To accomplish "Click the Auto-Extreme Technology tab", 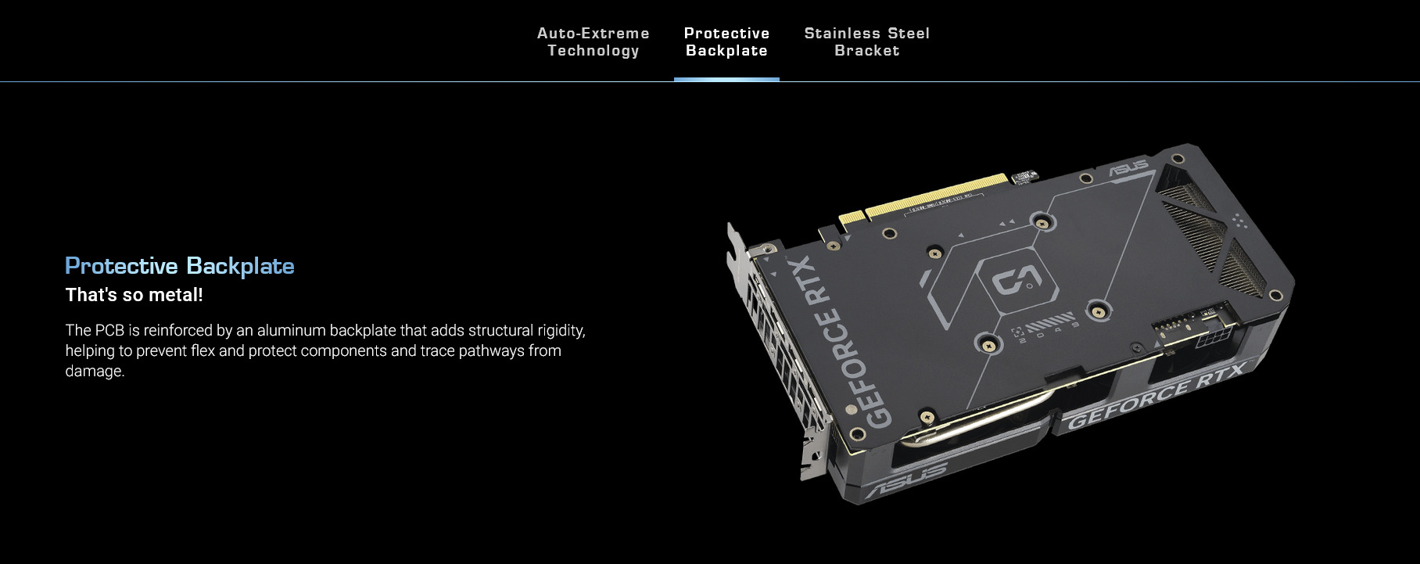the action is tap(593, 41).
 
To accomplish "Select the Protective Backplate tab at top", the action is tap(726, 41).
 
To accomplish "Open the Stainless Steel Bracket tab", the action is tap(867, 41).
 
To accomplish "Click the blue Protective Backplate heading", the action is tap(180, 266).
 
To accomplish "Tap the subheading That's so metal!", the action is tap(134, 295).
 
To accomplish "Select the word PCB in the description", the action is tap(110, 330).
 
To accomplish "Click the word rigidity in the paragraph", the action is tap(555, 331).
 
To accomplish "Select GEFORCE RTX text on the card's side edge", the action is tap(1156, 398).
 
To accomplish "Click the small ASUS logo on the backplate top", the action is tap(1129, 166).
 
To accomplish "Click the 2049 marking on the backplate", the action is tap(1048, 332).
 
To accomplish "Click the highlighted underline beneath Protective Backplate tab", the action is tap(726, 79).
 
